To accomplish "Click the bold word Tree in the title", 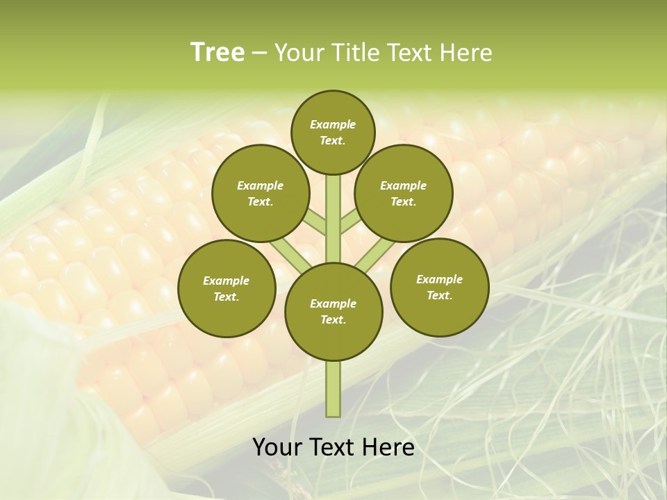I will click(x=217, y=52).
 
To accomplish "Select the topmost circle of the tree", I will click(x=333, y=132).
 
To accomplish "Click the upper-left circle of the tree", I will click(x=261, y=193).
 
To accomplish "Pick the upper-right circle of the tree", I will click(x=404, y=193).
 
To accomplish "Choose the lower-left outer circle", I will click(x=227, y=288).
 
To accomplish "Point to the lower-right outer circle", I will click(x=439, y=287).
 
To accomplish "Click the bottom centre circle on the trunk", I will click(x=333, y=311).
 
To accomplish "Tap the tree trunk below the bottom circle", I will click(x=333, y=389).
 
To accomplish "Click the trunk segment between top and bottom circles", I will click(x=333, y=219).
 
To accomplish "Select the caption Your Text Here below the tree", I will click(x=333, y=447).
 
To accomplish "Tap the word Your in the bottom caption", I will click(x=277, y=447).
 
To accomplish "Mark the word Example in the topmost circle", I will click(x=333, y=124).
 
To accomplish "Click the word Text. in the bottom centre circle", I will click(x=333, y=319).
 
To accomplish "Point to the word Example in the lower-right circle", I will click(x=439, y=279).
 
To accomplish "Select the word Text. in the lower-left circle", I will click(x=227, y=297).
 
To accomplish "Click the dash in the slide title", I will click(x=259, y=52).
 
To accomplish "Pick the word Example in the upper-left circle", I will click(x=261, y=185).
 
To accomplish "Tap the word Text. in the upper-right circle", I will click(x=404, y=201).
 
